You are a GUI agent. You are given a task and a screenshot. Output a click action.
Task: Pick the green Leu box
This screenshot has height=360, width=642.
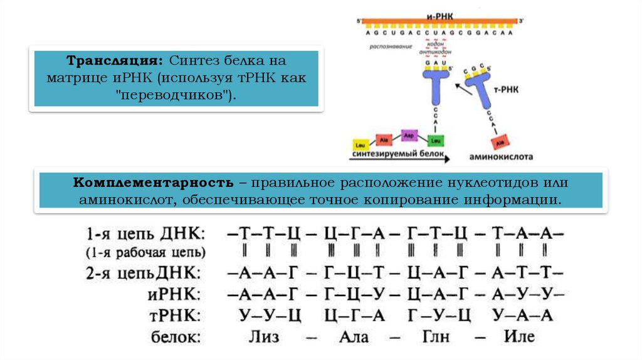click(436, 139)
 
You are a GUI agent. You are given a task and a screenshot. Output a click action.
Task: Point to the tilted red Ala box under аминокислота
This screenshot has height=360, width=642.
click(499, 142)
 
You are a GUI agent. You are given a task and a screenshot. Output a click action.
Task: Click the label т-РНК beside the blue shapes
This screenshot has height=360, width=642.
click(505, 91)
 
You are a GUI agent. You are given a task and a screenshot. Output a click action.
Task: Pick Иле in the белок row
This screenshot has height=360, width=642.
click(519, 336)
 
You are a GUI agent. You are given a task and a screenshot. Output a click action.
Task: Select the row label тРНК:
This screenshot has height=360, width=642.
click(178, 315)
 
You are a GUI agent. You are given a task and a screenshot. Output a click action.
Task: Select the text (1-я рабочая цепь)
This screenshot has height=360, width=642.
click(145, 253)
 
